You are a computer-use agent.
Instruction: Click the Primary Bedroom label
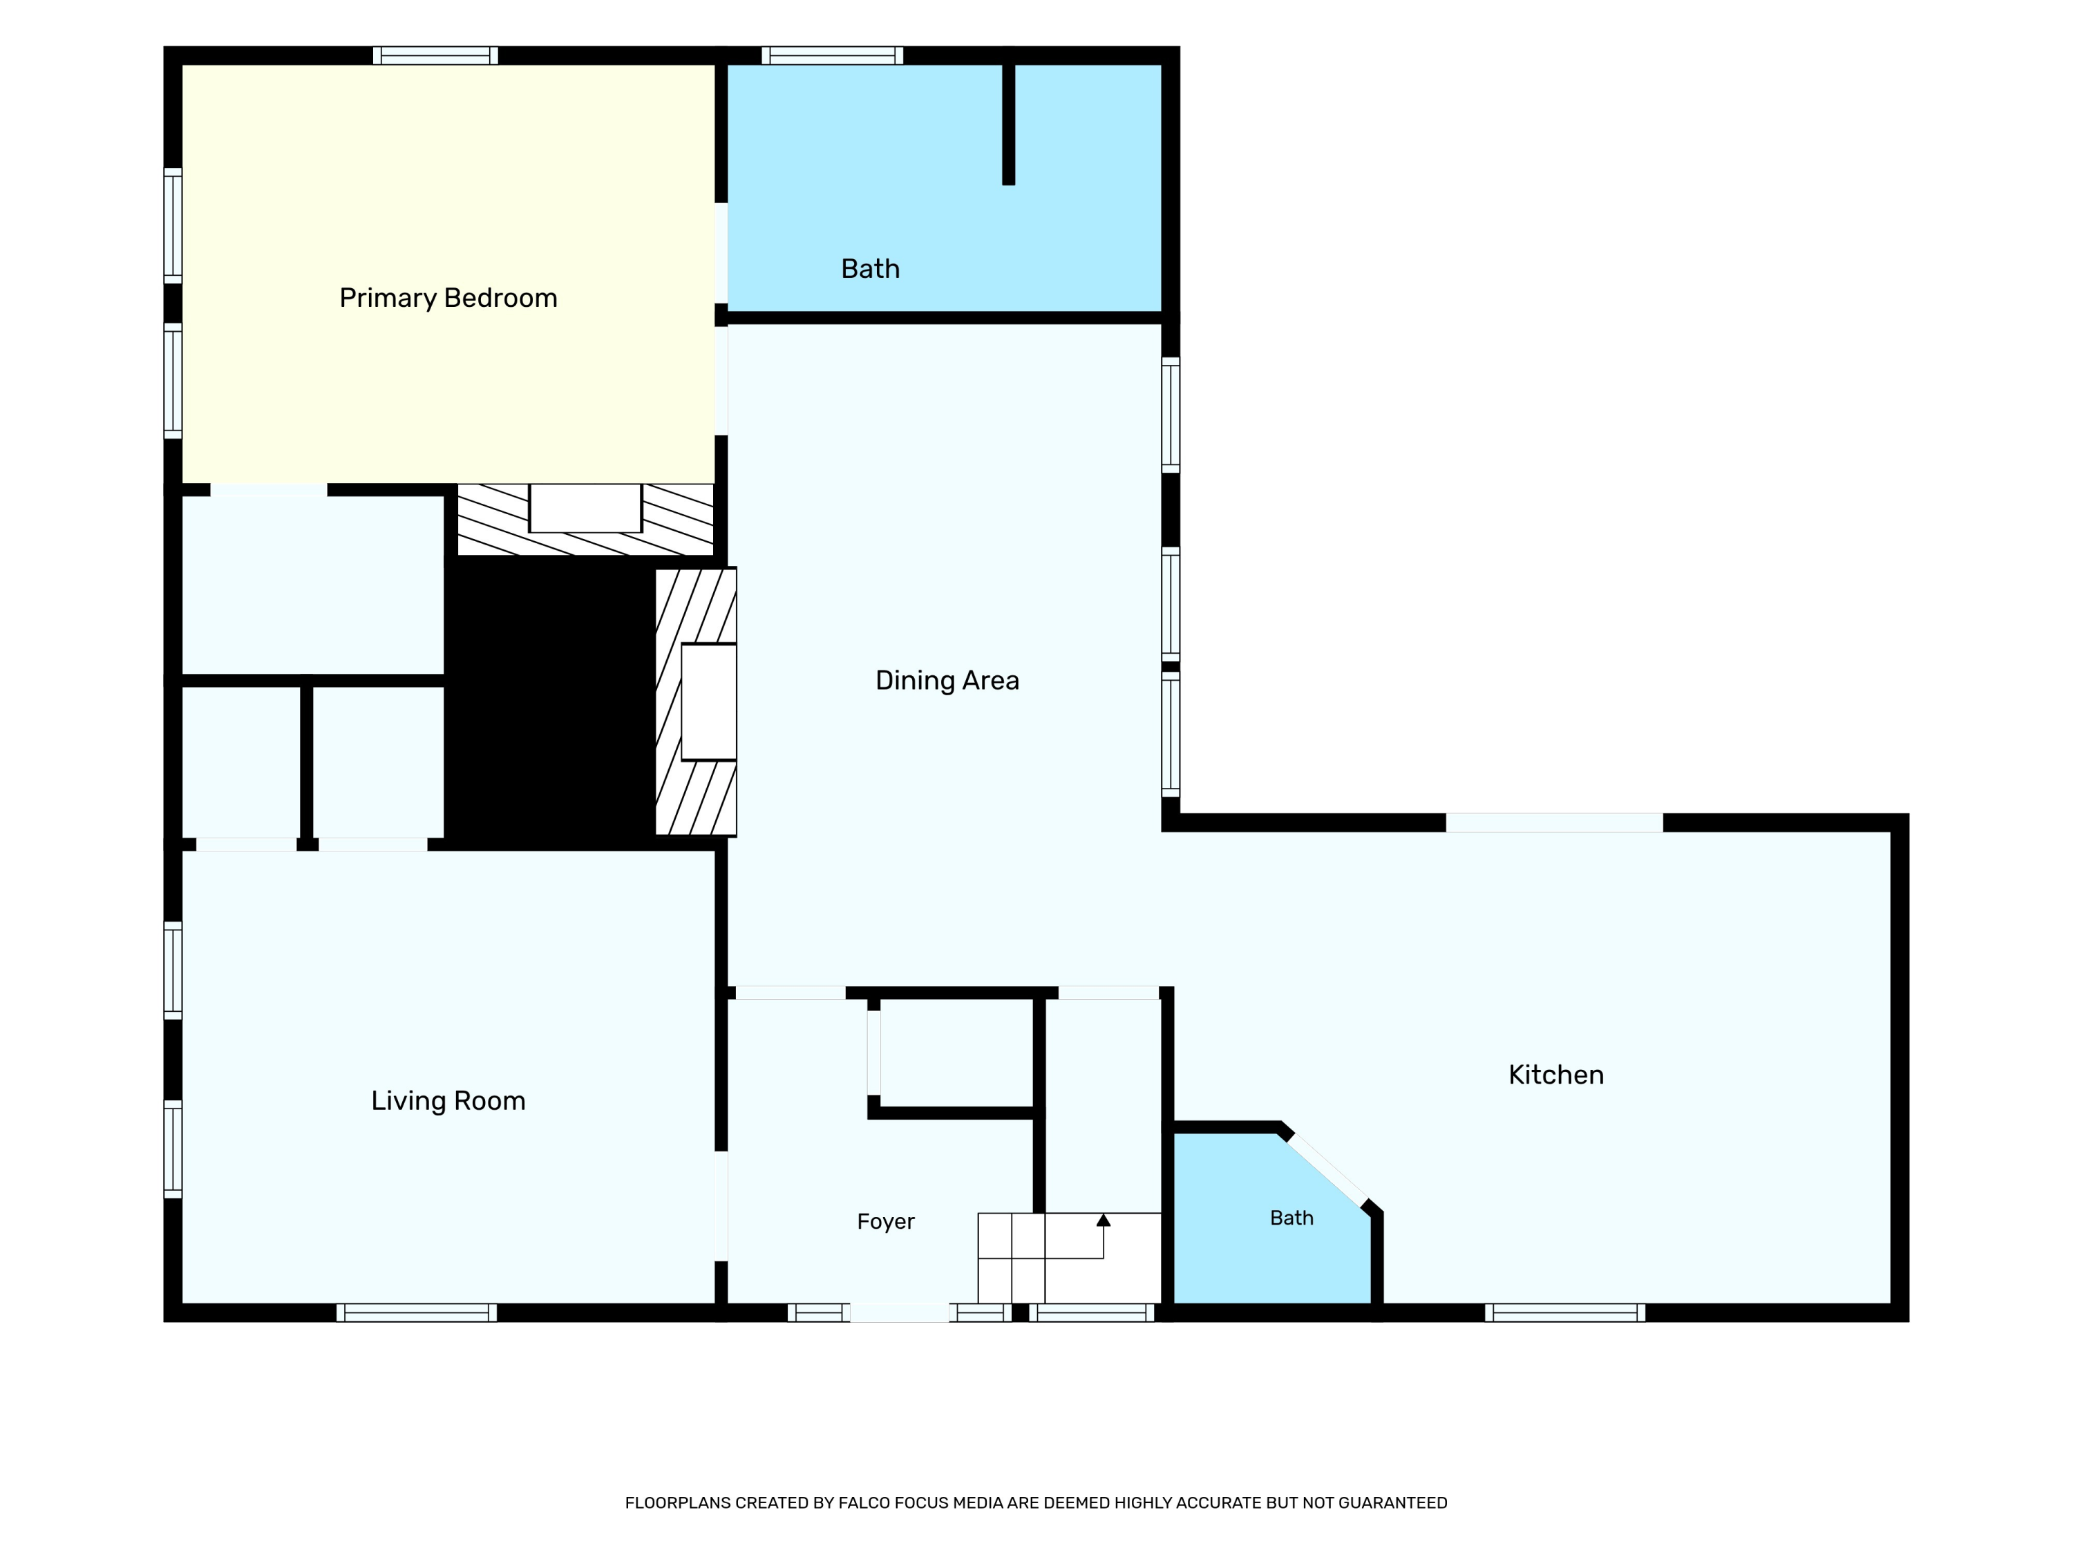448,298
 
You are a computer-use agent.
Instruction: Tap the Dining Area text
947,681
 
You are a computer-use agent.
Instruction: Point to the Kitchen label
1555,1075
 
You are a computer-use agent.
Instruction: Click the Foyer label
886,1221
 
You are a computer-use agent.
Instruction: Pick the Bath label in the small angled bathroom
1291,1218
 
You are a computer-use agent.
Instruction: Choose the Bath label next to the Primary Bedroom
870,269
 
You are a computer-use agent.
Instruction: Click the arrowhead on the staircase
1103,1219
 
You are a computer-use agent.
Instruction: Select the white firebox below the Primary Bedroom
585,508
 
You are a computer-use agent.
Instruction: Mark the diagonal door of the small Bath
1327,1171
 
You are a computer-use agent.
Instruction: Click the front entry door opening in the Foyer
900,1312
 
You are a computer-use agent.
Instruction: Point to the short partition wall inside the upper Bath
1008,123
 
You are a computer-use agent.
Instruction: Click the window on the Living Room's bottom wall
417,1312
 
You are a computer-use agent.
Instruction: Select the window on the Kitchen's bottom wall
1565,1312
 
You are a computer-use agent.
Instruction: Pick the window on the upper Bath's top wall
832,55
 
